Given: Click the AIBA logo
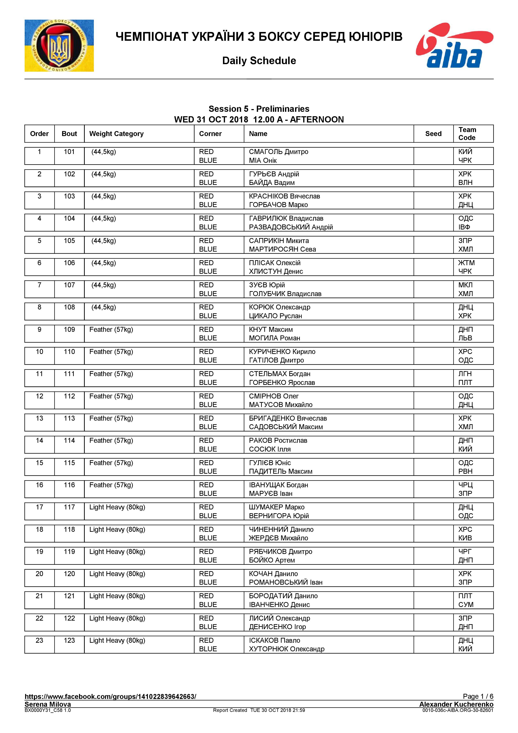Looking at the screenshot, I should click(454, 45).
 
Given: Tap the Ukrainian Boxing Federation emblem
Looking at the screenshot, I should click(59, 46).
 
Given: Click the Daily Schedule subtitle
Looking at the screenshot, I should click(259, 61).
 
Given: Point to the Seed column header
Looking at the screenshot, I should click(433, 134).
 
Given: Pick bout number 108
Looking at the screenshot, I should click(69, 307).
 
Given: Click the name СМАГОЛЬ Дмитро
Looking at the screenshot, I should click(278, 152).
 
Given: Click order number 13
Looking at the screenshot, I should click(39, 418).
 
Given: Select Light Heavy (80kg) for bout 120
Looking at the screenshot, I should click(117, 574).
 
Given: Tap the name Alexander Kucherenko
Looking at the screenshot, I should click(456, 704).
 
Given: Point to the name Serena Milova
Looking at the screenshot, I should click(48, 704).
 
